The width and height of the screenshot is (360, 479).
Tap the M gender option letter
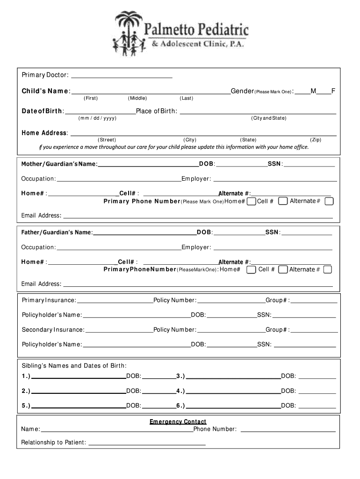[x=313, y=91]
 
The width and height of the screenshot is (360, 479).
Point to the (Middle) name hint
[x=137, y=98]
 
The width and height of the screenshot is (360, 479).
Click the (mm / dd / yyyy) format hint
[x=97, y=118]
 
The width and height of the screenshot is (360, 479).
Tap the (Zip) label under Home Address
[x=316, y=140]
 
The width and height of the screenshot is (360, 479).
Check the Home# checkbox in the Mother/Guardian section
[x=251, y=201]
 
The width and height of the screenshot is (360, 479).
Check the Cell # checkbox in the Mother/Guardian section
[x=283, y=201]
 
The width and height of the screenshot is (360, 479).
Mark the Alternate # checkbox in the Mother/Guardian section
[x=329, y=201]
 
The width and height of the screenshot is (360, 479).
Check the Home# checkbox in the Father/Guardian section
[x=251, y=269]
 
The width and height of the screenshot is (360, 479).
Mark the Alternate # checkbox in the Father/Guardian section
[x=328, y=269]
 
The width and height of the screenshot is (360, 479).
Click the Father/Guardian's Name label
[x=57, y=232]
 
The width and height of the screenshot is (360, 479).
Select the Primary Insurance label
[x=49, y=300]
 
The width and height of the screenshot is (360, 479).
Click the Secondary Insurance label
[x=53, y=330]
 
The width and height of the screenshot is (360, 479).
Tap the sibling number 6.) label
[x=180, y=406]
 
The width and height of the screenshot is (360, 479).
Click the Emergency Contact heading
[x=178, y=422]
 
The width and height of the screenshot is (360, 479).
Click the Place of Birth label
[x=156, y=111]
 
